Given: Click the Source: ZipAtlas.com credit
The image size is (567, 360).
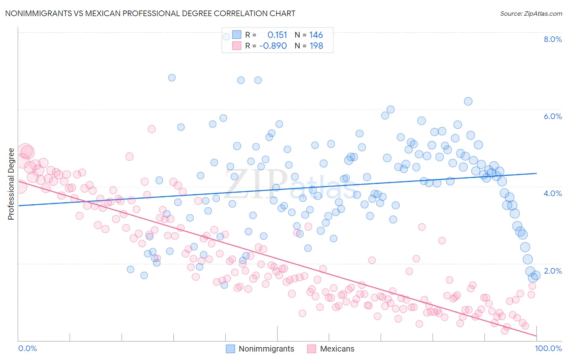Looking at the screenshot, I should click(531, 13).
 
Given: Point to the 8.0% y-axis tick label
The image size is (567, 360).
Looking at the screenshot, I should click(552, 39).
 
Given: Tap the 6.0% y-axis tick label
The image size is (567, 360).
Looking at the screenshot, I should click(552, 116).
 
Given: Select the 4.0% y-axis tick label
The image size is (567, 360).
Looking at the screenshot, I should click(552, 193).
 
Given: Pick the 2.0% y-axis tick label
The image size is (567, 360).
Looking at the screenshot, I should click(552, 271).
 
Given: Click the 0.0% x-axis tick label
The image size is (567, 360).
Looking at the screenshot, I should click(28, 348).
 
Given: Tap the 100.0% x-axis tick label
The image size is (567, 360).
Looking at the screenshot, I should click(548, 348).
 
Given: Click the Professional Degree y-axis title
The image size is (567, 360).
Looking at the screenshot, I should click(11, 184).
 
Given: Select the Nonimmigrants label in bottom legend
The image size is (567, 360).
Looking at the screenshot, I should click(266, 349).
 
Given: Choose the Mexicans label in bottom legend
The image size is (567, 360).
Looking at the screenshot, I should click(337, 349).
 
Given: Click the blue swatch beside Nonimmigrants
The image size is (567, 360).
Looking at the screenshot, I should click(230, 349).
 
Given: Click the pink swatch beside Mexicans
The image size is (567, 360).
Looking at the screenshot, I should click(311, 349).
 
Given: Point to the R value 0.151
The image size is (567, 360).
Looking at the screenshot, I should click(277, 35).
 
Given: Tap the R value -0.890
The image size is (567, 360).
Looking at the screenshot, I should click(273, 46).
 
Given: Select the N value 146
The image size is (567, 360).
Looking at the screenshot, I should click(316, 35).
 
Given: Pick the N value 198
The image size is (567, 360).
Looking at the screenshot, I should click(316, 46).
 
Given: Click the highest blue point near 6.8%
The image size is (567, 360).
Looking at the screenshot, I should click(172, 77).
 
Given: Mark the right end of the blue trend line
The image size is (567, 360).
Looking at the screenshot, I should click(537, 173).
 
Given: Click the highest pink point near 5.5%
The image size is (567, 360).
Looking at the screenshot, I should click(152, 129).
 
